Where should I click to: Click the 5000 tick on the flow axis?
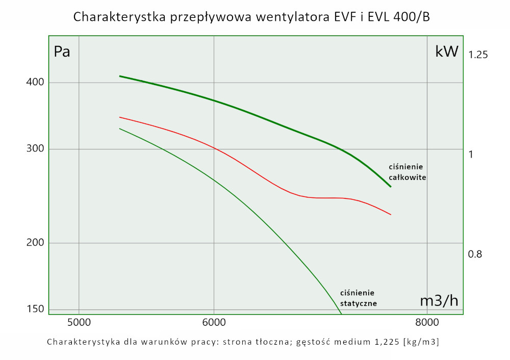point(79,322)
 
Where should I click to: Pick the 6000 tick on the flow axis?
point(214,322)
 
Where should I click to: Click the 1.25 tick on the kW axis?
point(478,54)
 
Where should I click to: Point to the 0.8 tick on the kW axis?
point(475,254)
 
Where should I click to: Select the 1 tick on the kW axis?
point(471,154)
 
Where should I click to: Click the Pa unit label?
point(62,52)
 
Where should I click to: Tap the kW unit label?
point(447,52)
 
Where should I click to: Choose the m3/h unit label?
point(439,301)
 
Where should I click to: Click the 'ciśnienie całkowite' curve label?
point(407,172)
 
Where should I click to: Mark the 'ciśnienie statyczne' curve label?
point(359,298)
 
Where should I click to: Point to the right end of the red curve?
point(391,215)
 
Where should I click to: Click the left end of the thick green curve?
point(120,76)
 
